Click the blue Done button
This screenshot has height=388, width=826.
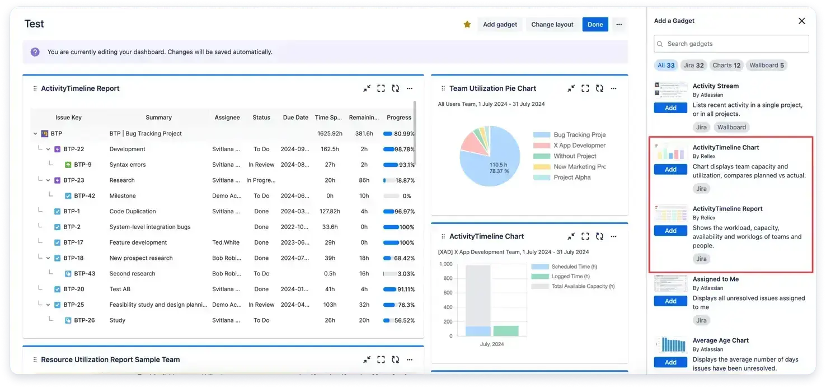(595, 25)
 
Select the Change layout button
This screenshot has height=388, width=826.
(552, 25)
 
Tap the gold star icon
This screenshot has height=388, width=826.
(467, 25)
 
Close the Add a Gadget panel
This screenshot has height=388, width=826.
(801, 21)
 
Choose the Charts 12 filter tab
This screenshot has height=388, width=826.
(726, 66)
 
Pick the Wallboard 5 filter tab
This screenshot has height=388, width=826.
(767, 66)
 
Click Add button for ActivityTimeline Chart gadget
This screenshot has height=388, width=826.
(670, 170)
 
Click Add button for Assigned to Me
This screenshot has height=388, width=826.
(670, 301)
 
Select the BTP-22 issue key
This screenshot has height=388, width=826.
(73, 149)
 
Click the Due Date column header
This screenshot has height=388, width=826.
(295, 118)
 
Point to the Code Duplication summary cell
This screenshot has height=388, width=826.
(133, 212)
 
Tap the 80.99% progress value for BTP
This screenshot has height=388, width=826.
(404, 134)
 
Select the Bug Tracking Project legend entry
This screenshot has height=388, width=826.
(579, 135)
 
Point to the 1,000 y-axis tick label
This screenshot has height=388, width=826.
(446, 264)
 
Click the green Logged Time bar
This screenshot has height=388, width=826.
(505, 331)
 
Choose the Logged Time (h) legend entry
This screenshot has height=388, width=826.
(570, 277)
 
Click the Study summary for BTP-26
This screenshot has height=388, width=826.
(118, 321)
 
